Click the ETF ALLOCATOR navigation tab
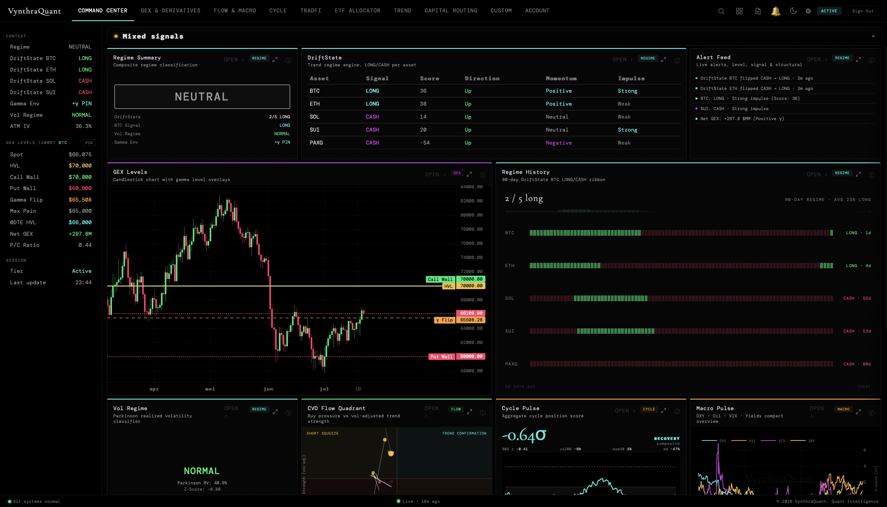point(357,11)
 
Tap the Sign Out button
point(863,11)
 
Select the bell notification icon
point(775,11)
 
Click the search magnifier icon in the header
point(721,11)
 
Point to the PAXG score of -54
point(425,143)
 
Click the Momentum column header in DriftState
point(561,78)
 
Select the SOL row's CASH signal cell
point(372,117)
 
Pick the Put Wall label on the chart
point(441,357)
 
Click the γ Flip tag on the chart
point(444,320)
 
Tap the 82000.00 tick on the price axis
point(471,201)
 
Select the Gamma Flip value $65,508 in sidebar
point(80,200)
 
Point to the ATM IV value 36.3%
point(84,126)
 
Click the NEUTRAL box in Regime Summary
point(202,97)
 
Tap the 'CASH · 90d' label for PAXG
point(857,364)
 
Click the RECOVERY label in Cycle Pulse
point(667,439)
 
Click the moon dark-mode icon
point(793,11)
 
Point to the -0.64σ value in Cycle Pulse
point(524,435)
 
